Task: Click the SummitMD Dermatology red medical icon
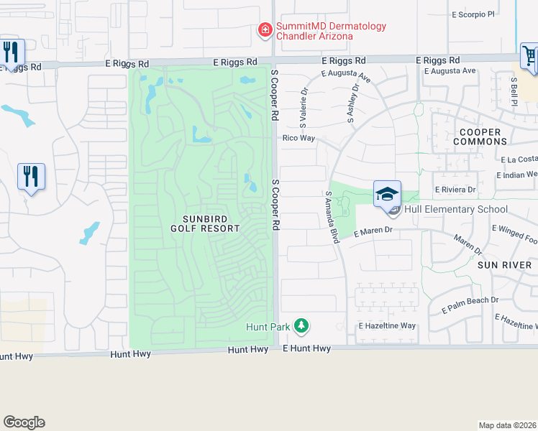point(265,29)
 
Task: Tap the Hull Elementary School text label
point(455,210)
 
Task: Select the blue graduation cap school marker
point(387,194)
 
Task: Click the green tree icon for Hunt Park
point(301,327)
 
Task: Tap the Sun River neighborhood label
point(503,265)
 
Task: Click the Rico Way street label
point(299,138)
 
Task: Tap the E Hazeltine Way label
point(387,325)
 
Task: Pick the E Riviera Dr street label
point(455,190)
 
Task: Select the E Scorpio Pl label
point(475,14)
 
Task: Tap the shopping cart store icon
point(529,55)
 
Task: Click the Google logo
point(24,422)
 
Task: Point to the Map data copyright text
point(508,425)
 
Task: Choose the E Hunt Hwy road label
point(306,348)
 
